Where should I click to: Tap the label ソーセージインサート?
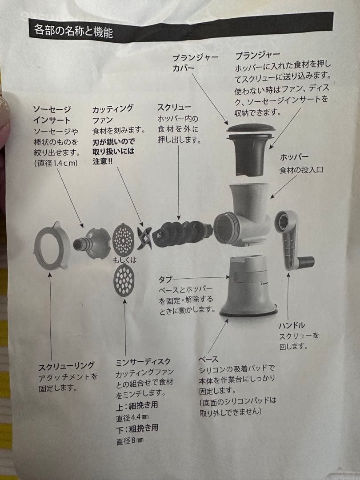point(52,114)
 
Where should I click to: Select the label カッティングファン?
point(112,114)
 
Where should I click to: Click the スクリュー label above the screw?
point(175,107)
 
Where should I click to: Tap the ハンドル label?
point(292,325)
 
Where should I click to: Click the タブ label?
point(165,280)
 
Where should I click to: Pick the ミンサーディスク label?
point(143,362)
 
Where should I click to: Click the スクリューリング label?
point(66,365)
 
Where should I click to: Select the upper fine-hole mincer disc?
point(123,239)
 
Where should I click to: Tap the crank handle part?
point(291,240)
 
